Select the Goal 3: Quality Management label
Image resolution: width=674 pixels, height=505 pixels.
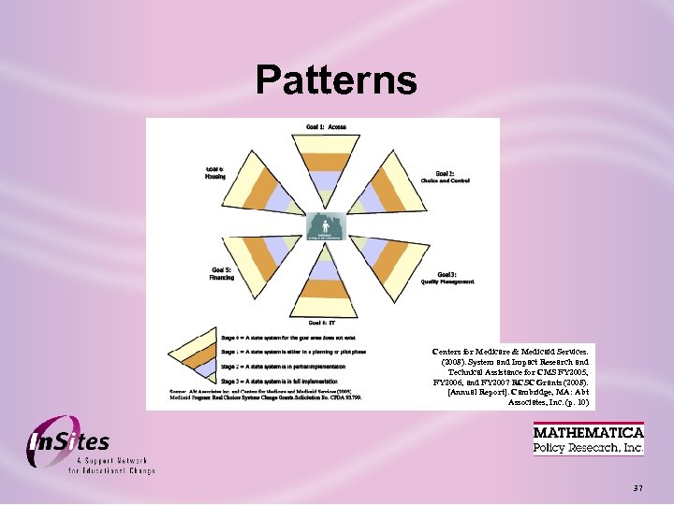pos(447,277)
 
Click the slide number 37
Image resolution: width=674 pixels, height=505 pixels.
pos(637,488)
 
